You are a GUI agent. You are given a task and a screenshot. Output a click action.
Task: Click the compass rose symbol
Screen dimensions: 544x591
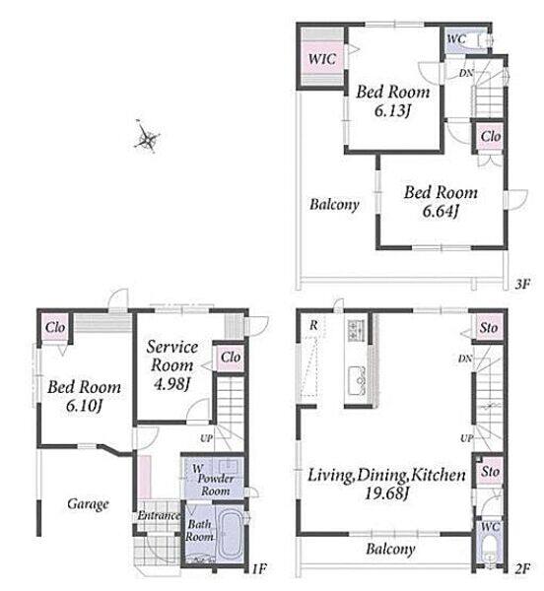pos(147,137)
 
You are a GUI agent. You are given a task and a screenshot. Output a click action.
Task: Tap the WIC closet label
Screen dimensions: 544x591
pos(322,59)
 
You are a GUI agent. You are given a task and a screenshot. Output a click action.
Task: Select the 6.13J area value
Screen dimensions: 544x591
pos(392,110)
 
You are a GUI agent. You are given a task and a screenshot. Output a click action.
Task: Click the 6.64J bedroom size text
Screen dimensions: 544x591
pos(441,211)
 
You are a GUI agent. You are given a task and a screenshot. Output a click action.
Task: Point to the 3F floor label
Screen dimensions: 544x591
pos(522,284)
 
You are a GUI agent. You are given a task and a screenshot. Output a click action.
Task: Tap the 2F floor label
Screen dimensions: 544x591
pos(522,568)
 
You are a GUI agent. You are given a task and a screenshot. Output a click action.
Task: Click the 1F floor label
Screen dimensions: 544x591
pos(259,568)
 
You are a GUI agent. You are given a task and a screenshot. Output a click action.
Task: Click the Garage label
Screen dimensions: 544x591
pos(88,504)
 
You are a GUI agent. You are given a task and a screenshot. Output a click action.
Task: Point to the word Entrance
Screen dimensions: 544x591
pos(159,515)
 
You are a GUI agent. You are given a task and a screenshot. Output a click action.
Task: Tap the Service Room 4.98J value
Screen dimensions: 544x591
pos(171,384)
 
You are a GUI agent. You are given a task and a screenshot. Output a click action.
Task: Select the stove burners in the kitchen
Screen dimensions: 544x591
pos(356,329)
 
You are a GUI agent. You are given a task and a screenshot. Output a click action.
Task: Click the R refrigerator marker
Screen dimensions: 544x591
pos(313,325)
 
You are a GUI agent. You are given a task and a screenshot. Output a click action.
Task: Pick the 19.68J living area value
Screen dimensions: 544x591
pos(386,493)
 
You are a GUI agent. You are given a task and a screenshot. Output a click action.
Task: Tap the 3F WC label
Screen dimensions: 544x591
pos(456,38)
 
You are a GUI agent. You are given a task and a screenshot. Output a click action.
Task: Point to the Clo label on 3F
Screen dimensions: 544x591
pos(491,137)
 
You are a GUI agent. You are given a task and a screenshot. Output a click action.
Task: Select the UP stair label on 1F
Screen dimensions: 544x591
pos(206,438)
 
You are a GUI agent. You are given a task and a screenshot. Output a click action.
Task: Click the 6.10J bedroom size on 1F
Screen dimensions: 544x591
pos(84,406)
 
